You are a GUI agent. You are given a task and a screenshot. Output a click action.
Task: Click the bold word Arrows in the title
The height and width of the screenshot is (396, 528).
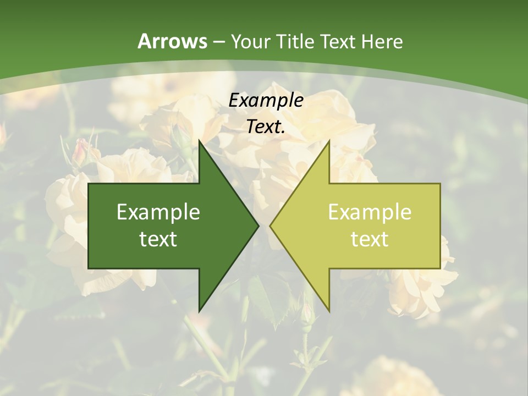tap(173, 41)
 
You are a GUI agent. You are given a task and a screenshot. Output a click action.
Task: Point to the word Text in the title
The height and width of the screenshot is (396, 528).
tap(340, 41)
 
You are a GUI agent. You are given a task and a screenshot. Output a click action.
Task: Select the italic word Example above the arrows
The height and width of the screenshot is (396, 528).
tap(266, 101)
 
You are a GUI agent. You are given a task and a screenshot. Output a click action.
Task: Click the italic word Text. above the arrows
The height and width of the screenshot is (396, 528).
tap(266, 127)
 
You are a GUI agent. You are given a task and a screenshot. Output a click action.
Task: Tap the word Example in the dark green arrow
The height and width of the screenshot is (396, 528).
tap(158, 212)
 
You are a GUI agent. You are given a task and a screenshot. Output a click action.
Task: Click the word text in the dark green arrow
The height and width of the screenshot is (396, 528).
tap(158, 239)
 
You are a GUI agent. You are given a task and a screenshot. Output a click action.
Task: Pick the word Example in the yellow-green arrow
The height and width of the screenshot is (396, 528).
tap(370, 212)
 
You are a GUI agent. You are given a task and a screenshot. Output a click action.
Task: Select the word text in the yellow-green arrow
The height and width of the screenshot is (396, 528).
tap(370, 239)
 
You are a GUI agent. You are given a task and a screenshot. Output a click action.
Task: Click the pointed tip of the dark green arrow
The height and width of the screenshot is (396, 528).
tap(257, 226)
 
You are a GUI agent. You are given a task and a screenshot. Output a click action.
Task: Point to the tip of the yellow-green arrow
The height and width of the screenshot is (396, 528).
tap(271, 226)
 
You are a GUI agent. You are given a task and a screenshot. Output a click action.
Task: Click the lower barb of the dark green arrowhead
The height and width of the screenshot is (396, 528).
tap(200, 309)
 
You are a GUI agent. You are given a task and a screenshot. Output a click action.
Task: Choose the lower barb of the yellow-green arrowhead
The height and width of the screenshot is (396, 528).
tap(328, 309)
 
